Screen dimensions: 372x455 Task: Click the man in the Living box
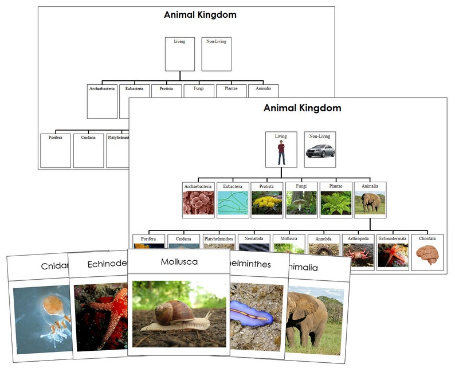point(281,153)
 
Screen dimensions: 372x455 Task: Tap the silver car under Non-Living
point(320,151)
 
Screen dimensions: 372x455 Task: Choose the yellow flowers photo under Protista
point(266,203)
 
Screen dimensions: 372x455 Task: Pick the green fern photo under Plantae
point(335,203)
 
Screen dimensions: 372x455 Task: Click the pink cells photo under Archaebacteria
point(198,203)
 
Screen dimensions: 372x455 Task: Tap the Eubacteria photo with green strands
point(233,203)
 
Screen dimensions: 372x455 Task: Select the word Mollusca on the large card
point(170,262)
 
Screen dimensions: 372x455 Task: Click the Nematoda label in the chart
point(254,238)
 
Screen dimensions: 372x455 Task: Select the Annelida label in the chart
point(323,238)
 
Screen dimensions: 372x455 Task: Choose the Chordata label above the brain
point(427,238)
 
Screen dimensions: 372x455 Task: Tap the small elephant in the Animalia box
point(370,203)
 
